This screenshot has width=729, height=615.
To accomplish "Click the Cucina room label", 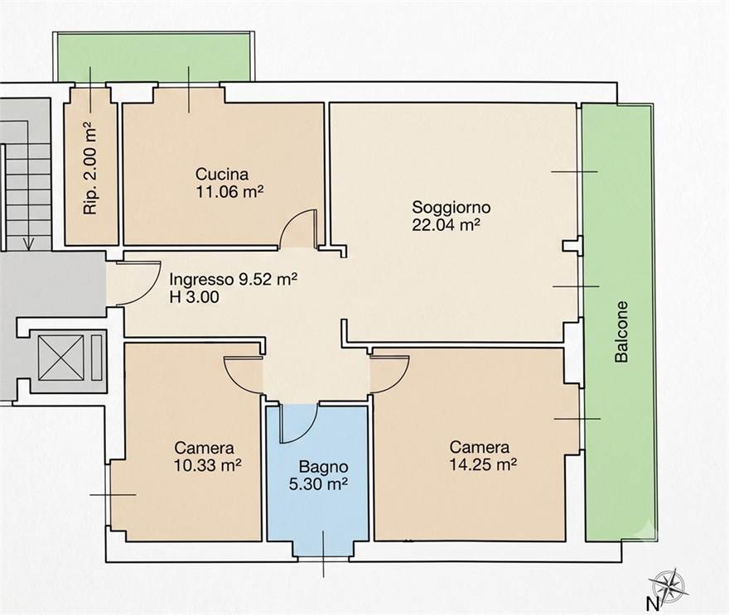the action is coord(222,174).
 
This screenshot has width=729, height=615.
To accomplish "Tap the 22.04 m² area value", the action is coord(446,225).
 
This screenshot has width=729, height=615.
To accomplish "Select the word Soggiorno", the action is coord(451,207).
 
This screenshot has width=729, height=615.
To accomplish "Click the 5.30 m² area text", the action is coord(318,484).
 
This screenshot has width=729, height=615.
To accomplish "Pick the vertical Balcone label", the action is coord(621,331).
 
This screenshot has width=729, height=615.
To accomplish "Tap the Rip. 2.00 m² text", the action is coord(90,168).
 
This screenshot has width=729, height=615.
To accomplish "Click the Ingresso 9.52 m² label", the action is coord(234,279).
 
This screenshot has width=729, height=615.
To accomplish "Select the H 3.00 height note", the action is coord(194,297).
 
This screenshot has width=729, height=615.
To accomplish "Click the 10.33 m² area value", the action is coord(207,465).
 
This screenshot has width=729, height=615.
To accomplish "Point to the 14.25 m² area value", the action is coord(484,464).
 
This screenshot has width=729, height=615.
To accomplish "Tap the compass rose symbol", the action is coord(669,584).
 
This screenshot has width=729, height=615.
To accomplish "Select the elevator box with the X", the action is coord(61,357).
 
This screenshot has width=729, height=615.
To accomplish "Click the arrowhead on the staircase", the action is coord(30,243).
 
